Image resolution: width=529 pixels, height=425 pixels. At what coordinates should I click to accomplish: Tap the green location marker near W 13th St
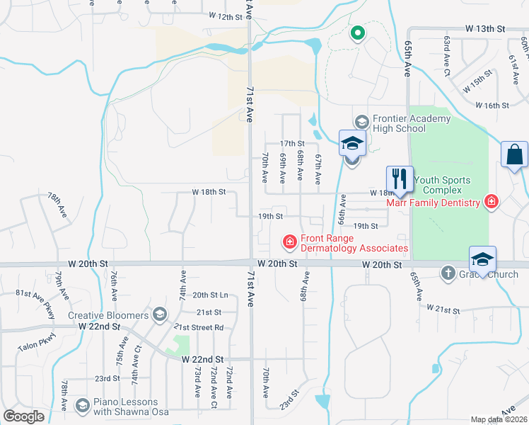tap(358, 33)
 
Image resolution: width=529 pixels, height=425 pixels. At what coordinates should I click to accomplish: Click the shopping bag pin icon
tap(514, 154)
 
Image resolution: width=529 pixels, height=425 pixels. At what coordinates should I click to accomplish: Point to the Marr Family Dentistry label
tap(433, 203)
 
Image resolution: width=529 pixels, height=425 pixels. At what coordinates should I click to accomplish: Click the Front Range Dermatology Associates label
tap(354, 244)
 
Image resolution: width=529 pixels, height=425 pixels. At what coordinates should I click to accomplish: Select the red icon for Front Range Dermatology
tap(289, 243)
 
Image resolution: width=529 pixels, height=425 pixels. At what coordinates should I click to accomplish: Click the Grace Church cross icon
tap(448, 273)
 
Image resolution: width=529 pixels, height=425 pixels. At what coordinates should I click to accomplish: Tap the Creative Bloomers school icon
tap(160, 314)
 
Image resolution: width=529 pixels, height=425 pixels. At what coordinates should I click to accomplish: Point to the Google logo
tap(24, 416)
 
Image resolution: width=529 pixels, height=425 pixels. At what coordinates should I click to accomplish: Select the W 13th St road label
tap(486, 28)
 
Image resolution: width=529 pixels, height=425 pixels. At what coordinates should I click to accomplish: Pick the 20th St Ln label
tap(210, 295)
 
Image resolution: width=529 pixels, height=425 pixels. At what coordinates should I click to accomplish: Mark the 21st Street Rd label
tap(199, 327)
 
